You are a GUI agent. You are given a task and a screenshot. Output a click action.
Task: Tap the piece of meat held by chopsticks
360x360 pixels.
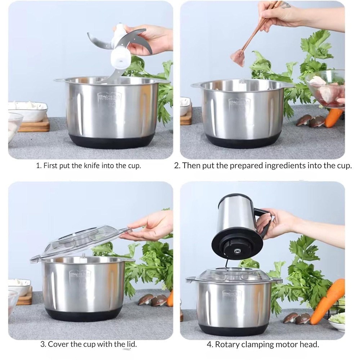238,57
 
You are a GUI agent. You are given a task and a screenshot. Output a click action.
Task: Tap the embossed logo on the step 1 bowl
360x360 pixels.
109,98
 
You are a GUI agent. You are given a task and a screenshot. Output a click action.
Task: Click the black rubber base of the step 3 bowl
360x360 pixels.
84,314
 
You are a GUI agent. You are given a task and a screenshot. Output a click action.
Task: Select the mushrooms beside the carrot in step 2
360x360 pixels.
310,121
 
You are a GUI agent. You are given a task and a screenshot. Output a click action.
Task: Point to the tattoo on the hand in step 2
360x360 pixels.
286,5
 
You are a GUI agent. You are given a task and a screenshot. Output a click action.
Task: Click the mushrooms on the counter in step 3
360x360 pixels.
153,300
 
